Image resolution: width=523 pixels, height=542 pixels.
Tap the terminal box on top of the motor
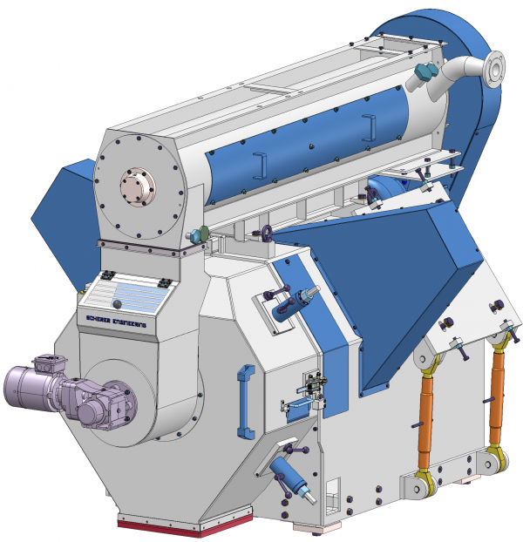click(x=46, y=364)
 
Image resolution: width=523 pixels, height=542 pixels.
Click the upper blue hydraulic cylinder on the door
click(x=293, y=302)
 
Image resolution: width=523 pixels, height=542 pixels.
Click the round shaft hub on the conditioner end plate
click(x=135, y=186)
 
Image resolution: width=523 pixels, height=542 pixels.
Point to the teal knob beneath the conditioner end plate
click(x=198, y=234)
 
